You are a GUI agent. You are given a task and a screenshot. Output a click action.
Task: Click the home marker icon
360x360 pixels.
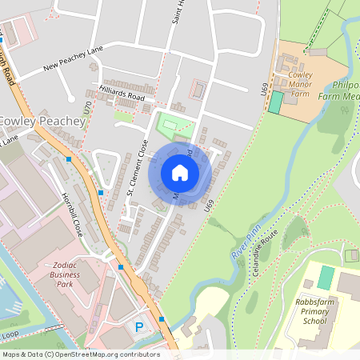[x=180, y=172]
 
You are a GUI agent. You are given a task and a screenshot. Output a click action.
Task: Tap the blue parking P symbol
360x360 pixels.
[x=140, y=326]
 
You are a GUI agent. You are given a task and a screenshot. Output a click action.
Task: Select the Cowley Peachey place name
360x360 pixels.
[x=42, y=121]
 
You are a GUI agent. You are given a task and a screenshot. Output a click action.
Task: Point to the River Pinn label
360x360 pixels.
[x=242, y=245]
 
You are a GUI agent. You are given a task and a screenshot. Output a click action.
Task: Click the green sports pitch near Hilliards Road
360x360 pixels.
[x=175, y=124]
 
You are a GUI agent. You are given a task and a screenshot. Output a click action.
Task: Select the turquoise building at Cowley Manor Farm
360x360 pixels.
[x=276, y=102]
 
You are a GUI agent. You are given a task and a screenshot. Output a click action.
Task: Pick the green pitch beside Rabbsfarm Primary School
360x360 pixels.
[x=325, y=277]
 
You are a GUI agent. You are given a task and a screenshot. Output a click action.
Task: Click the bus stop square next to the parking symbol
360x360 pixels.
[x=162, y=319]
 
